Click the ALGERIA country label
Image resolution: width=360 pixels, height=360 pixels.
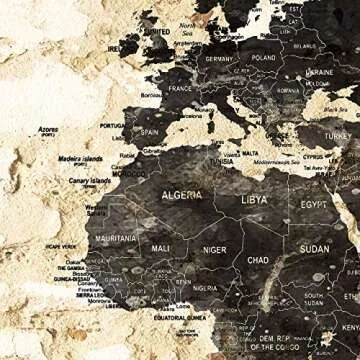click(182, 195)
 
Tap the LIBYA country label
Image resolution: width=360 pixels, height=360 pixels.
click(255, 200)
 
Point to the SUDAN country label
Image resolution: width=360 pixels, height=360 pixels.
click(315, 249)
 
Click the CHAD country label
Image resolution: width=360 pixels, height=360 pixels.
click(258, 260)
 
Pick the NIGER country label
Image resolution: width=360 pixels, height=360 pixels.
click(215, 250)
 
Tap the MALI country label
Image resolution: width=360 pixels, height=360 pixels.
click(161, 247)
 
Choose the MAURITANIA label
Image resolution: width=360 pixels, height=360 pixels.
click(116, 240)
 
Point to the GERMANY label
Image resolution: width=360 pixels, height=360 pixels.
click(218, 59)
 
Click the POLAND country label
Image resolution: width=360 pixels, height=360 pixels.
click(264, 58)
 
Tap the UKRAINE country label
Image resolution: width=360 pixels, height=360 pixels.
click(320, 72)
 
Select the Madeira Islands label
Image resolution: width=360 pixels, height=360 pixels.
click(80, 157)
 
